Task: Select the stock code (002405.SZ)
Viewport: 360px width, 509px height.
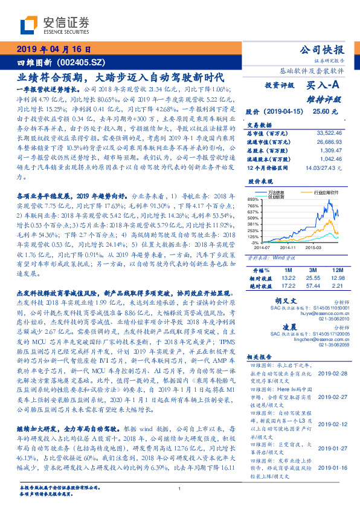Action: click(85, 62)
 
